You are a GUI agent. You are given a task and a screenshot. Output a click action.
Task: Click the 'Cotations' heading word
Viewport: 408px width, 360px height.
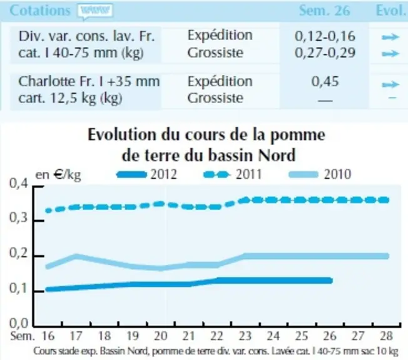pyautogui.click(x=40, y=11)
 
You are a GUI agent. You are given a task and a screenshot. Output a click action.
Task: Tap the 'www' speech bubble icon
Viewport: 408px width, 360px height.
pyautogui.click(x=95, y=11)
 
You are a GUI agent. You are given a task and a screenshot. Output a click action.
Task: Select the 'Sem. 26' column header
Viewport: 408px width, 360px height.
pyautogui.click(x=324, y=11)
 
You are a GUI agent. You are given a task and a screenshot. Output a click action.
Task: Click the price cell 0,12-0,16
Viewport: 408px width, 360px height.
pyautogui.click(x=325, y=36)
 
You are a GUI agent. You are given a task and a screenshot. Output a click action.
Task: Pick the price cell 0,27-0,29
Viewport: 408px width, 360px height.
pyautogui.click(x=325, y=52)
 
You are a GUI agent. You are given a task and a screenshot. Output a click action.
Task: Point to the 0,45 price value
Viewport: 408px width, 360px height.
pyautogui.click(x=325, y=81)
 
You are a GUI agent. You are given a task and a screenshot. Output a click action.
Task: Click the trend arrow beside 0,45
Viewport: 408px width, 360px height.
pyautogui.click(x=390, y=84)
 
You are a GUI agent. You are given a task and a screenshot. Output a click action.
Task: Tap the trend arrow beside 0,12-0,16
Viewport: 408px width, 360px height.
pyautogui.click(x=390, y=37)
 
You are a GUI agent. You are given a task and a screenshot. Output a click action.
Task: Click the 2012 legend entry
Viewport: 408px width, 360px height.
pyautogui.click(x=147, y=174)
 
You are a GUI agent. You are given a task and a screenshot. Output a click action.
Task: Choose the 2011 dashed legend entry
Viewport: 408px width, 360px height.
pyautogui.click(x=232, y=174)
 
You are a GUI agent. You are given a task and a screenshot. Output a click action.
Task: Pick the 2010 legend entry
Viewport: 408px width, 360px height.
pyautogui.click(x=320, y=174)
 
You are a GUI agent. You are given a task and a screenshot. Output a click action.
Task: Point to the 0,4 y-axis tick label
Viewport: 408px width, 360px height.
pyautogui.click(x=19, y=184)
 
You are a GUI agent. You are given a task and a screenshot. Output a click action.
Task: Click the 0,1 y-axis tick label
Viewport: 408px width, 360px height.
pyautogui.click(x=19, y=288)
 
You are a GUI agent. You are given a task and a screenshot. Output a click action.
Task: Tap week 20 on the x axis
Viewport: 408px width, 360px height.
pyautogui.click(x=161, y=336)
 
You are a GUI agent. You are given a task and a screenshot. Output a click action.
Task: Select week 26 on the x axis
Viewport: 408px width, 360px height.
pyautogui.click(x=330, y=336)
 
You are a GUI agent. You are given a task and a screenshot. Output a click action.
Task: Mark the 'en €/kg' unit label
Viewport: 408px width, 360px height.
pyautogui.click(x=58, y=175)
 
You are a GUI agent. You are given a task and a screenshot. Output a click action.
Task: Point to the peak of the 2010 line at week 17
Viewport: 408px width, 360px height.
pyautogui.click(x=76, y=256)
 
